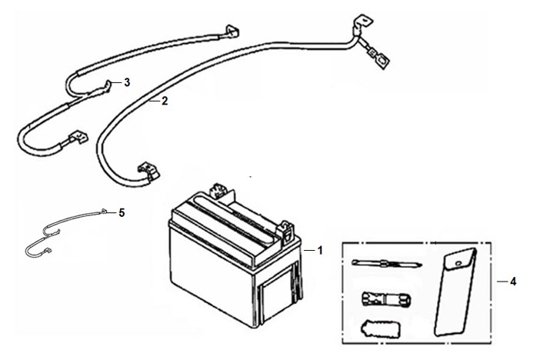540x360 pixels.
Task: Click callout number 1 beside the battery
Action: [x=320, y=251]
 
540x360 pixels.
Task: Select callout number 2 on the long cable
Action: [x=165, y=101]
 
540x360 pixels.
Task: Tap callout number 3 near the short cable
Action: [x=127, y=82]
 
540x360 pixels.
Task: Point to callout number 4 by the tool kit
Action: [x=513, y=282]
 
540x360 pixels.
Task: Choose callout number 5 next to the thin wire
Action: [x=122, y=213]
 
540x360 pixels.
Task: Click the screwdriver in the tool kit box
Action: [x=387, y=264]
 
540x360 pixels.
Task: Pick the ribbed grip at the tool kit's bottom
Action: [x=381, y=329]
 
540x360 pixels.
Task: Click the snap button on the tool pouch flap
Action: [x=458, y=264]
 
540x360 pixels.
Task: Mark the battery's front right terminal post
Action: [x=286, y=230]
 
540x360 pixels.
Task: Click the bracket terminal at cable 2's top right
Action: [x=362, y=24]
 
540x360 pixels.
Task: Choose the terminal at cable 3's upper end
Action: [x=232, y=32]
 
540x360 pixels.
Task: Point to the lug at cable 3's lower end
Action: [x=78, y=137]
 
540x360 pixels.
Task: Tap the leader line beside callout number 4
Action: [x=502, y=282]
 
